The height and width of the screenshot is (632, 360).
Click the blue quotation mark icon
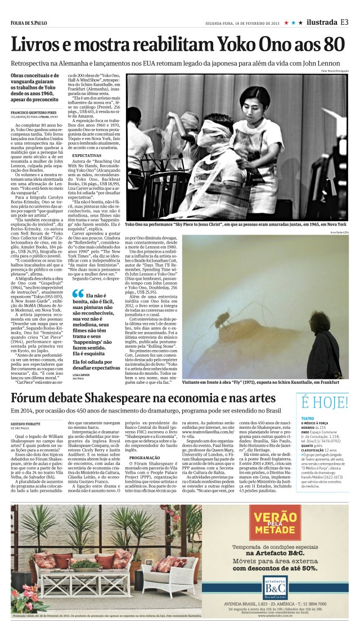tap(78, 294)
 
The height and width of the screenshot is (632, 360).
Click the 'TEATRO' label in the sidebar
tap(308, 418)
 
